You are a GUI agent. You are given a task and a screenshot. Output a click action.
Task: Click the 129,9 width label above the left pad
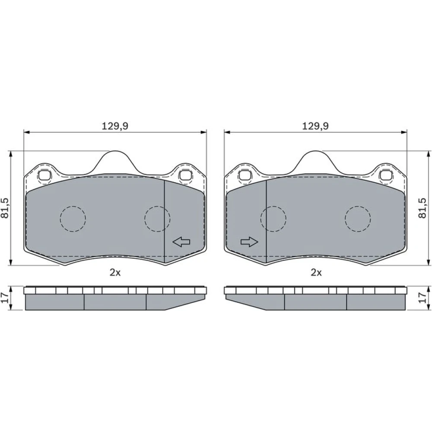click(x=115, y=126)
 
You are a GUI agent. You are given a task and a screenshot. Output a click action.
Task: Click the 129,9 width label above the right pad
click(x=315, y=126)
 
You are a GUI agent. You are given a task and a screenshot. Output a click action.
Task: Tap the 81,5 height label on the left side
click(x=5, y=208)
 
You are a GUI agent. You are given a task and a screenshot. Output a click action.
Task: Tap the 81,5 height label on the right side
click(x=422, y=208)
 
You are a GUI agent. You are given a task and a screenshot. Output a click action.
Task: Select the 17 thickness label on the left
click(x=5, y=298)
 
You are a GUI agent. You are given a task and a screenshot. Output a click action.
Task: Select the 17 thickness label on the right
click(x=422, y=298)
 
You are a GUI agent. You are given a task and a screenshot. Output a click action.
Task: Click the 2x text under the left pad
click(x=115, y=273)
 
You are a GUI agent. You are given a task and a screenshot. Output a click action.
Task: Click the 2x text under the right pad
click(x=316, y=273)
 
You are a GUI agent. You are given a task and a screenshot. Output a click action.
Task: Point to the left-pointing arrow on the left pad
click(x=181, y=242)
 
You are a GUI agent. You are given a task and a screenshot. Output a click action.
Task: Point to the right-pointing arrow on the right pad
click(x=249, y=242)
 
